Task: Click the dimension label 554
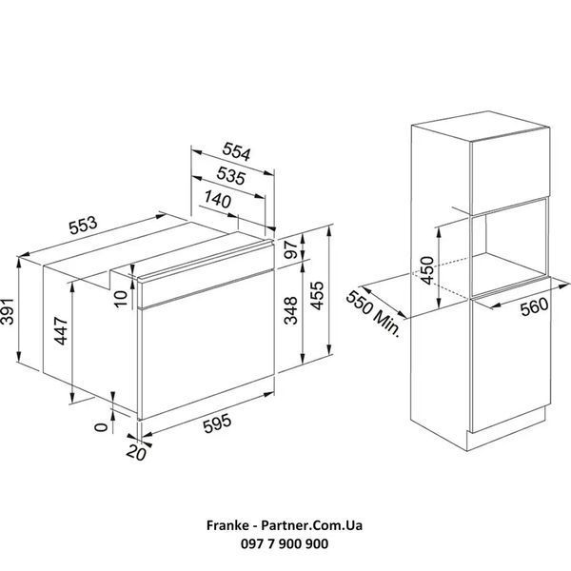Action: click(237, 151)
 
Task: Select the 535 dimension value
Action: click(231, 176)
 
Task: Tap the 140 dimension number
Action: click(218, 199)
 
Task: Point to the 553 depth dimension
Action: click(84, 225)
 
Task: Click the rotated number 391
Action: click(8, 311)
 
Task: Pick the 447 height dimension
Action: click(61, 330)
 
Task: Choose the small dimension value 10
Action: click(121, 299)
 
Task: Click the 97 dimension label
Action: click(291, 249)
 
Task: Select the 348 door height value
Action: click(291, 310)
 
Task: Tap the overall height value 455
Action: click(317, 296)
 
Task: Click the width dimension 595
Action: click(217, 423)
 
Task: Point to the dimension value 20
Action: click(136, 453)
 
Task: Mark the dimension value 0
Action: click(101, 426)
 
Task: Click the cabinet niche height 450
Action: click(426, 270)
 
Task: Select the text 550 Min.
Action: click(372, 314)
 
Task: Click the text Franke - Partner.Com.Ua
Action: click(285, 525)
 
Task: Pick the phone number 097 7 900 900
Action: click(285, 544)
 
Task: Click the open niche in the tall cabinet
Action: click(509, 246)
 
